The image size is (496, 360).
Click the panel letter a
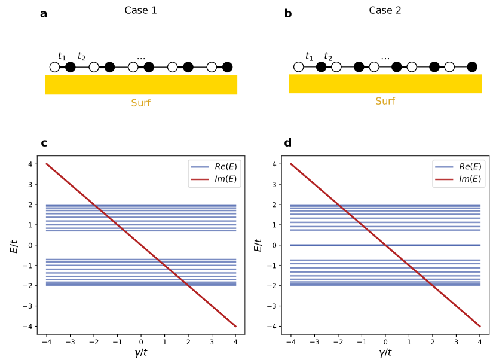[x=44, y=13]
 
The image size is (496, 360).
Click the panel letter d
[x=288, y=143]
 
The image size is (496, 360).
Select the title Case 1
[x=140, y=10]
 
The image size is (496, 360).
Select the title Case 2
[x=385, y=10]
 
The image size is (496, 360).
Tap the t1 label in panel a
[x=62, y=57]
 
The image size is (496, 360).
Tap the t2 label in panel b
[x=328, y=57]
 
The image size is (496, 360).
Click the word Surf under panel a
[x=140, y=103]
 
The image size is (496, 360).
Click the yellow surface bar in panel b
[x=385, y=84]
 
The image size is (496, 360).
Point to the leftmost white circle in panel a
[x=55, y=67]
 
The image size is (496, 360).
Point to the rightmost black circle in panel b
[x=472, y=67]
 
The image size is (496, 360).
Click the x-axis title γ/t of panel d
[x=385, y=352]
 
